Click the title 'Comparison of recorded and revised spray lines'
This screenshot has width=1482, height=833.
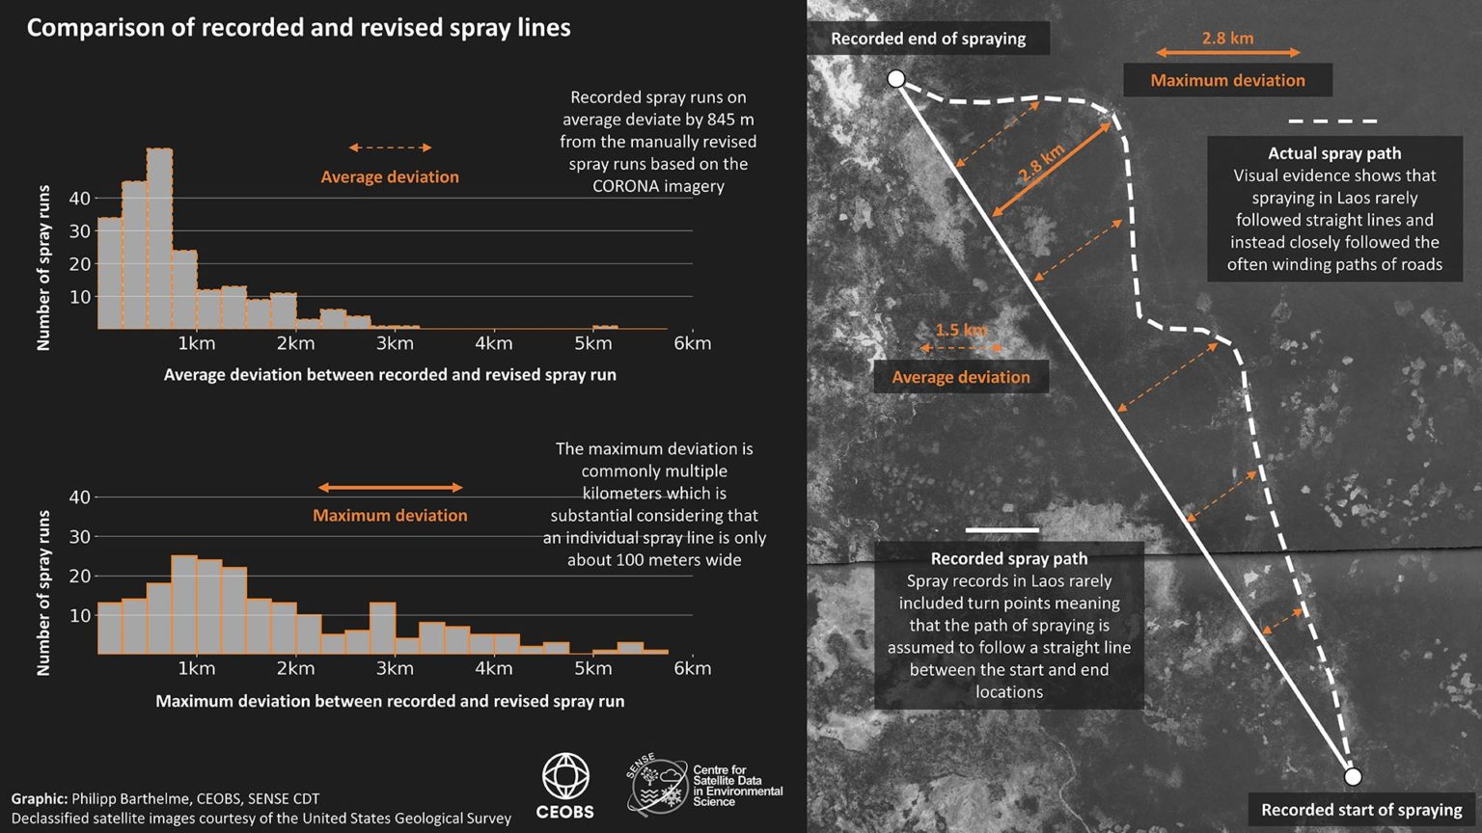tap(298, 28)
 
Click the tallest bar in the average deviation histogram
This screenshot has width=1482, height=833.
tap(160, 238)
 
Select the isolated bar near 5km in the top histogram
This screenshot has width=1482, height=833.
tap(605, 327)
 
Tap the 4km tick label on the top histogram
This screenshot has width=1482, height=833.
tap(493, 343)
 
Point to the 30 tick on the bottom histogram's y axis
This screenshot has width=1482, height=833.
tap(79, 537)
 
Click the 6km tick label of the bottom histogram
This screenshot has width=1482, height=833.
tap(692, 668)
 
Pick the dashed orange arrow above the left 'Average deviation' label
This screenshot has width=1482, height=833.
tap(390, 148)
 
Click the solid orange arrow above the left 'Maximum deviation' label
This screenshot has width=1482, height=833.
tap(390, 488)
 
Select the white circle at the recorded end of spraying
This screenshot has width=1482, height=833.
tap(896, 79)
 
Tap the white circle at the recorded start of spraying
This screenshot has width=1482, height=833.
tap(1353, 776)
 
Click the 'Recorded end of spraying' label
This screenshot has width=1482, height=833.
tap(928, 39)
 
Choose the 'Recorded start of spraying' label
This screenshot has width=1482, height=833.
tap(1361, 810)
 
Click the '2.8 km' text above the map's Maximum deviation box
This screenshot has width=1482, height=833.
tap(1227, 39)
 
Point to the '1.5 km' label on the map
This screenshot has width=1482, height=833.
tap(961, 330)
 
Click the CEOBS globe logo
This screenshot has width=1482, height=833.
tap(565, 777)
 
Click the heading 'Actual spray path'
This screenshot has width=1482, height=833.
tap(1334, 153)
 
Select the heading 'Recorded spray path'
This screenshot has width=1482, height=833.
tap(1008, 558)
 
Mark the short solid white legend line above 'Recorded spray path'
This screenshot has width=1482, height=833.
tap(1002, 530)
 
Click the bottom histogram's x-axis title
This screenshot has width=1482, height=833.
tap(390, 701)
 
